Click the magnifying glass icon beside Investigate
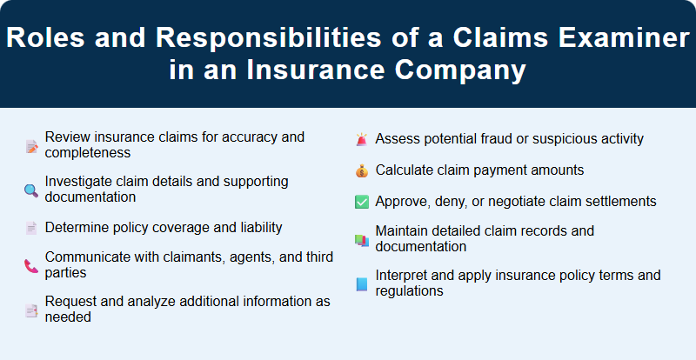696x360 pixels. tap(30, 190)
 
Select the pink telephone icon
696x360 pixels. tap(30, 266)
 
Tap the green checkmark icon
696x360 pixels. tap(362, 202)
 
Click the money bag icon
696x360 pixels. tap(362, 170)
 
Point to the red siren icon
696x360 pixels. tap(362, 139)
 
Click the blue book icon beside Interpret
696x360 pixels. tap(362, 284)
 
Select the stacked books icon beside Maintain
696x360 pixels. tap(362, 239)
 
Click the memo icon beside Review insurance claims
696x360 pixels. tap(30, 146)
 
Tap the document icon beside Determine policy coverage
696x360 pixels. tap(30, 228)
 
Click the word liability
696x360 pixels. tap(257, 228)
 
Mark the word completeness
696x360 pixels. tap(88, 153)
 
